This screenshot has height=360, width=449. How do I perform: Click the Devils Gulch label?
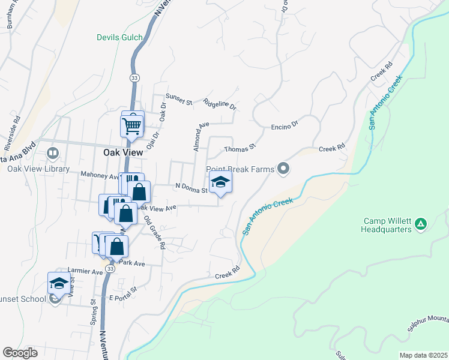pos(120,37)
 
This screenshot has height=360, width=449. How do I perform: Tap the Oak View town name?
pos(123,152)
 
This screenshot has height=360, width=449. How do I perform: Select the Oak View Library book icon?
pos(53,154)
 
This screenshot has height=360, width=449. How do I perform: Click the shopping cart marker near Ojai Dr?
pos(132,125)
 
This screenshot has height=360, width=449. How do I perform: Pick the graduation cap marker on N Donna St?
pos(220,182)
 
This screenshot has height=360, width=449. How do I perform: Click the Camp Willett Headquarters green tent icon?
pos(421,224)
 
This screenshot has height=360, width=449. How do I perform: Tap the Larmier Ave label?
pos(85,272)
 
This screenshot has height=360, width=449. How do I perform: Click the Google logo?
pos(20,353)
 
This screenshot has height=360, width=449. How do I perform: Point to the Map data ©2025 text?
pos(423,355)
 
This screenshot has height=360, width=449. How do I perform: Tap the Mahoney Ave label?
pos(100,176)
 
